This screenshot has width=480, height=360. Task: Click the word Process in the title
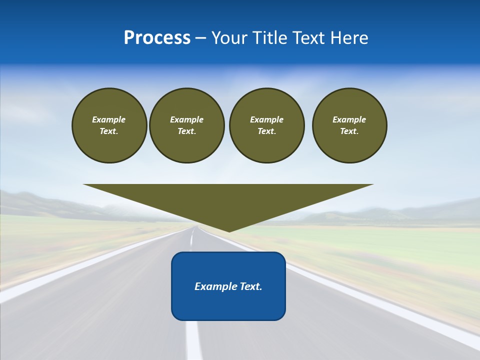[x=157, y=38]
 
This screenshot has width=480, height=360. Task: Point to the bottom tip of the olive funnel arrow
[x=229, y=230]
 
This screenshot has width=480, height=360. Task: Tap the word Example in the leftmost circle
[x=109, y=119]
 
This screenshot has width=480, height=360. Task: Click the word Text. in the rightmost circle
[x=349, y=131]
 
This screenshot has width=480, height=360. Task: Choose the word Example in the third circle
[x=266, y=119]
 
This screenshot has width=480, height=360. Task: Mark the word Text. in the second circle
[x=186, y=131]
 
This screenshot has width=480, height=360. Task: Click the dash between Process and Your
[x=201, y=38]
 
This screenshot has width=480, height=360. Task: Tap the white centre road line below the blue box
[x=193, y=340]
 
